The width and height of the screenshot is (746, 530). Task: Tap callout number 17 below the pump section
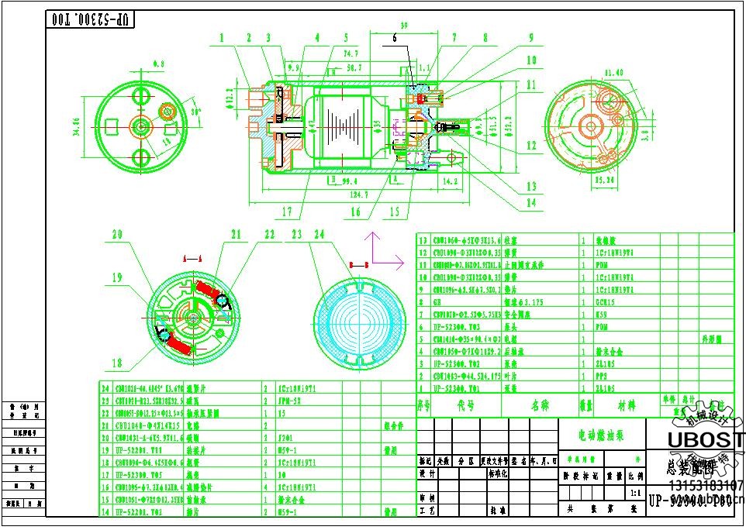(287, 212)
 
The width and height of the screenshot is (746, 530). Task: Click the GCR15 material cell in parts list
(605, 302)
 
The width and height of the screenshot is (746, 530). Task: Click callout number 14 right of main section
(530, 203)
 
